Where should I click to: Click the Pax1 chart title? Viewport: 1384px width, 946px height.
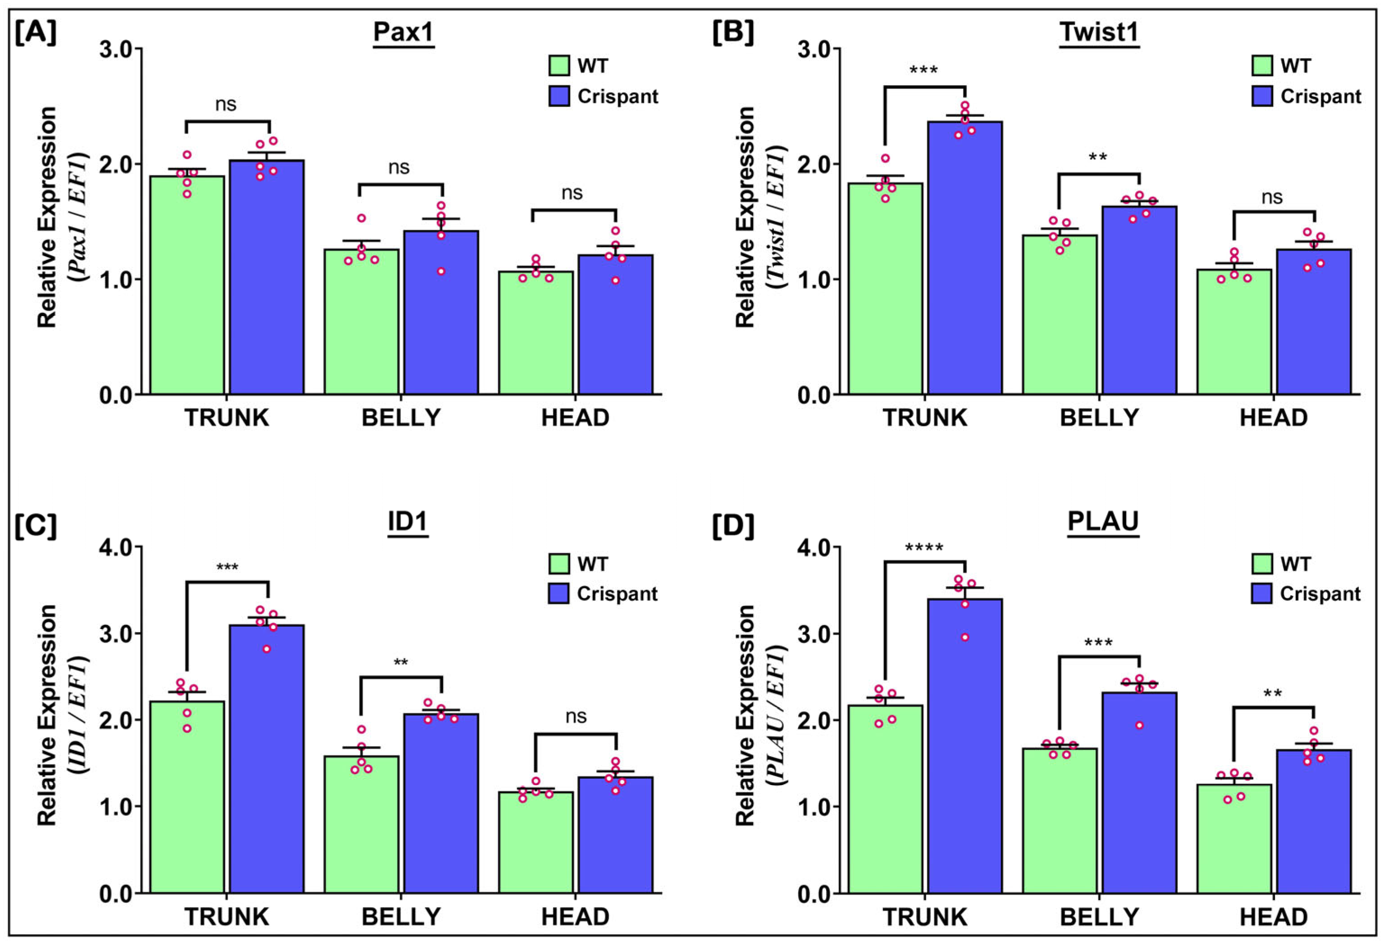point(404,32)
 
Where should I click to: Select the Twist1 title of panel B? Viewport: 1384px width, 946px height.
point(1099,32)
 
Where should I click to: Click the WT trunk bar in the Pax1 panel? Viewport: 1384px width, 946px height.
point(187,285)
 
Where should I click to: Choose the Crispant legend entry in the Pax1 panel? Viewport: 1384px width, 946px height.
point(603,96)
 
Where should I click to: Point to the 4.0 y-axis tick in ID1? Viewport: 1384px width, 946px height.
point(117,547)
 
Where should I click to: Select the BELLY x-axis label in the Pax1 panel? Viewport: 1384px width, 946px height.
point(401,418)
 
